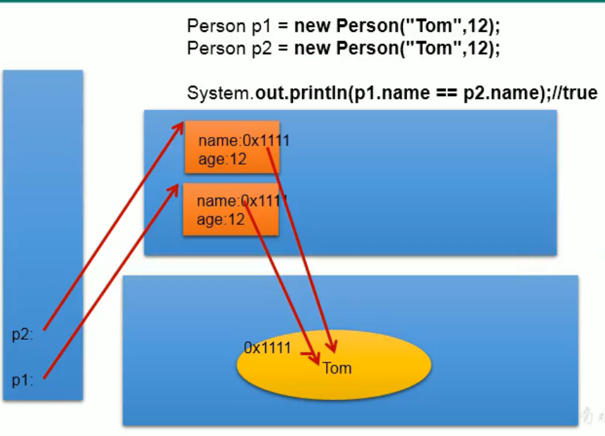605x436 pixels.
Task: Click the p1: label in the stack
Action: (23, 380)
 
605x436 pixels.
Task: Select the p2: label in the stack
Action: (23, 335)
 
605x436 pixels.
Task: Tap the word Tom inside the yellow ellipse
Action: (337, 367)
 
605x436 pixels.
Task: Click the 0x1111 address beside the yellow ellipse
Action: (267, 348)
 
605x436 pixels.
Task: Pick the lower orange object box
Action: (231, 210)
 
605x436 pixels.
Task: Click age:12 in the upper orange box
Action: (222, 159)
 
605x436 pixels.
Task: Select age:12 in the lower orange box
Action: (221, 220)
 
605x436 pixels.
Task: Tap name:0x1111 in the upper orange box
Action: (244, 141)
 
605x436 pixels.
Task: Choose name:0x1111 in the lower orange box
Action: (242, 201)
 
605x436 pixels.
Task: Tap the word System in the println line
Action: (219, 93)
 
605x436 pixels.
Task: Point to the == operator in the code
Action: (446, 93)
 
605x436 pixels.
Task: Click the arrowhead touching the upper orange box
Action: (179, 127)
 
